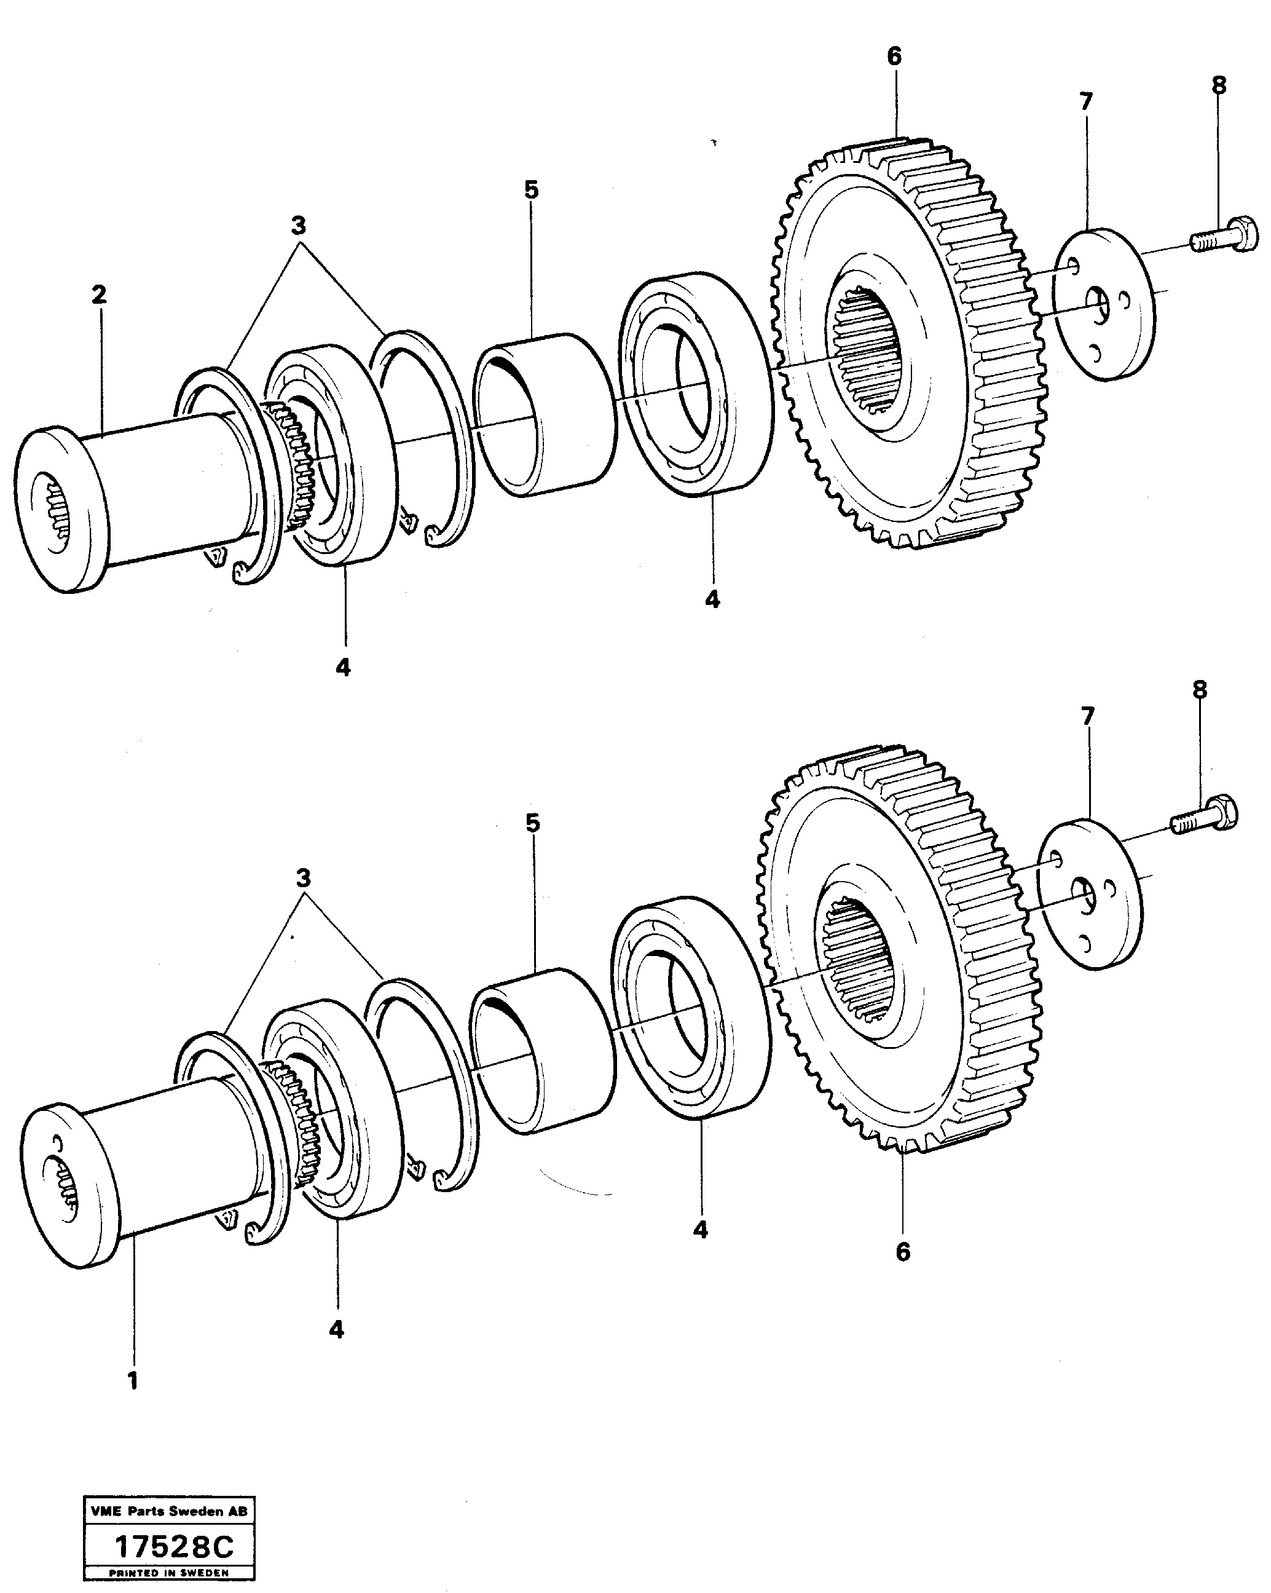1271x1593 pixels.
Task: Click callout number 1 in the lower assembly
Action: click(x=133, y=1380)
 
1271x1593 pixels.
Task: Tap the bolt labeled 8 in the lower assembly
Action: click(x=1206, y=816)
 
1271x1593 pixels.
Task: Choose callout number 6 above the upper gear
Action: click(x=894, y=56)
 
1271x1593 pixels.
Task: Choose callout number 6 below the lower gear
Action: click(x=902, y=1252)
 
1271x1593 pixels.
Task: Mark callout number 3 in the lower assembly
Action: click(x=304, y=879)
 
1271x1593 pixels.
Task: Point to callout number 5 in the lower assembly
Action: click(x=532, y=823)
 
